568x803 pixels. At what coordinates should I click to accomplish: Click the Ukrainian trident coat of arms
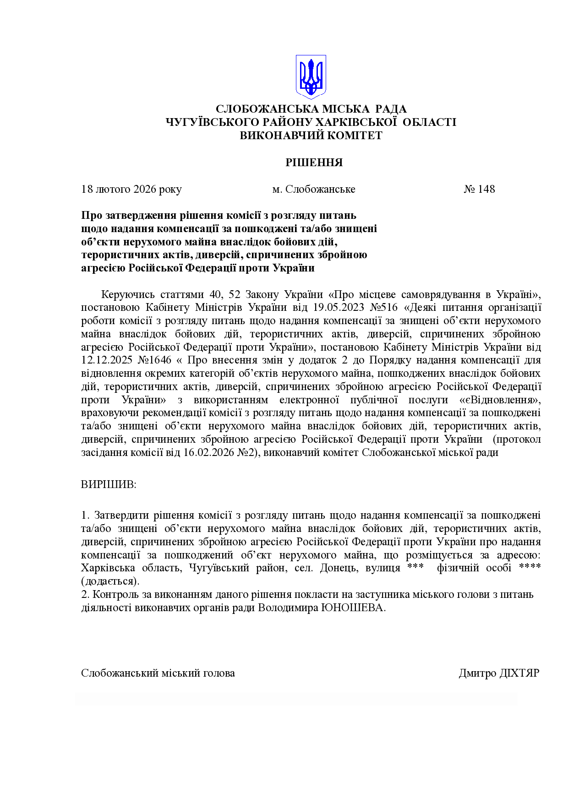[x=311, y=77]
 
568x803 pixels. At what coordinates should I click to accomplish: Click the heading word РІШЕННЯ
[x=314, y=163]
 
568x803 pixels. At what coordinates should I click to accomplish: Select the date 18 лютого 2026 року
[x=131, y=189]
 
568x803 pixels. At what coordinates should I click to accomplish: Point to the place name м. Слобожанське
[x=314, y=189]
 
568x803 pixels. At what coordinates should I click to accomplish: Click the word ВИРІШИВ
[x=109, y=484]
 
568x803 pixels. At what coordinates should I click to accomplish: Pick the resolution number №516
[x=382, y=307]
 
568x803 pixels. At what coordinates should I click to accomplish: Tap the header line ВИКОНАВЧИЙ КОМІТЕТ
[x=311, y=136]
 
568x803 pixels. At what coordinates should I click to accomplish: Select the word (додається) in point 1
[x=110, y=581]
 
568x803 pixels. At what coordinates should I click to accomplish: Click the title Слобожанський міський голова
[x=158, y=673]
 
